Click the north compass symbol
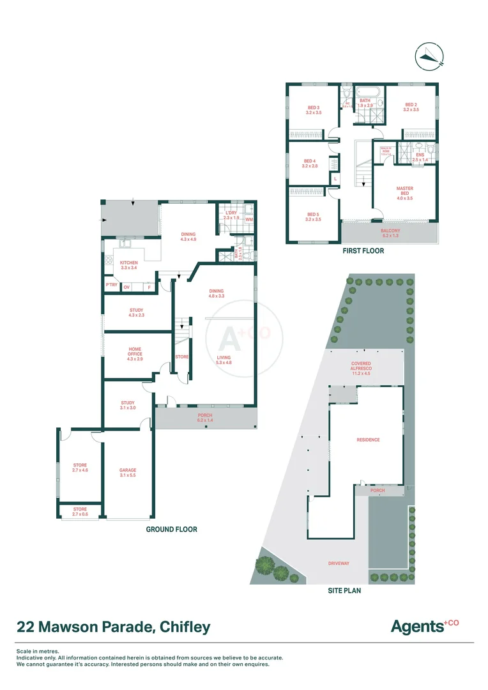click(431, 56)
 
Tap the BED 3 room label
click(314, 109)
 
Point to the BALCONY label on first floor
click(390, 233)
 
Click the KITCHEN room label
click(129, 265)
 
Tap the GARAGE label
click(128, 473)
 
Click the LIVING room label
click(224, 360)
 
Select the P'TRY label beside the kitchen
click(112, 286)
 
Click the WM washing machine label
click(248, 218)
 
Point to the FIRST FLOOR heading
click(363, 251)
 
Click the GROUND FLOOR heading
click(171, 529)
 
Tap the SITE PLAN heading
click(344, 590)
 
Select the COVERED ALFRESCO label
click(361, 366)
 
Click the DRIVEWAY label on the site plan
click(339, 563)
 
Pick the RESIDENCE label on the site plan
click(368, 440)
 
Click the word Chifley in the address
click(183, 627)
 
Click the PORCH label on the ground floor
click(205, 419)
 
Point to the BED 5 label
click(314, 217)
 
